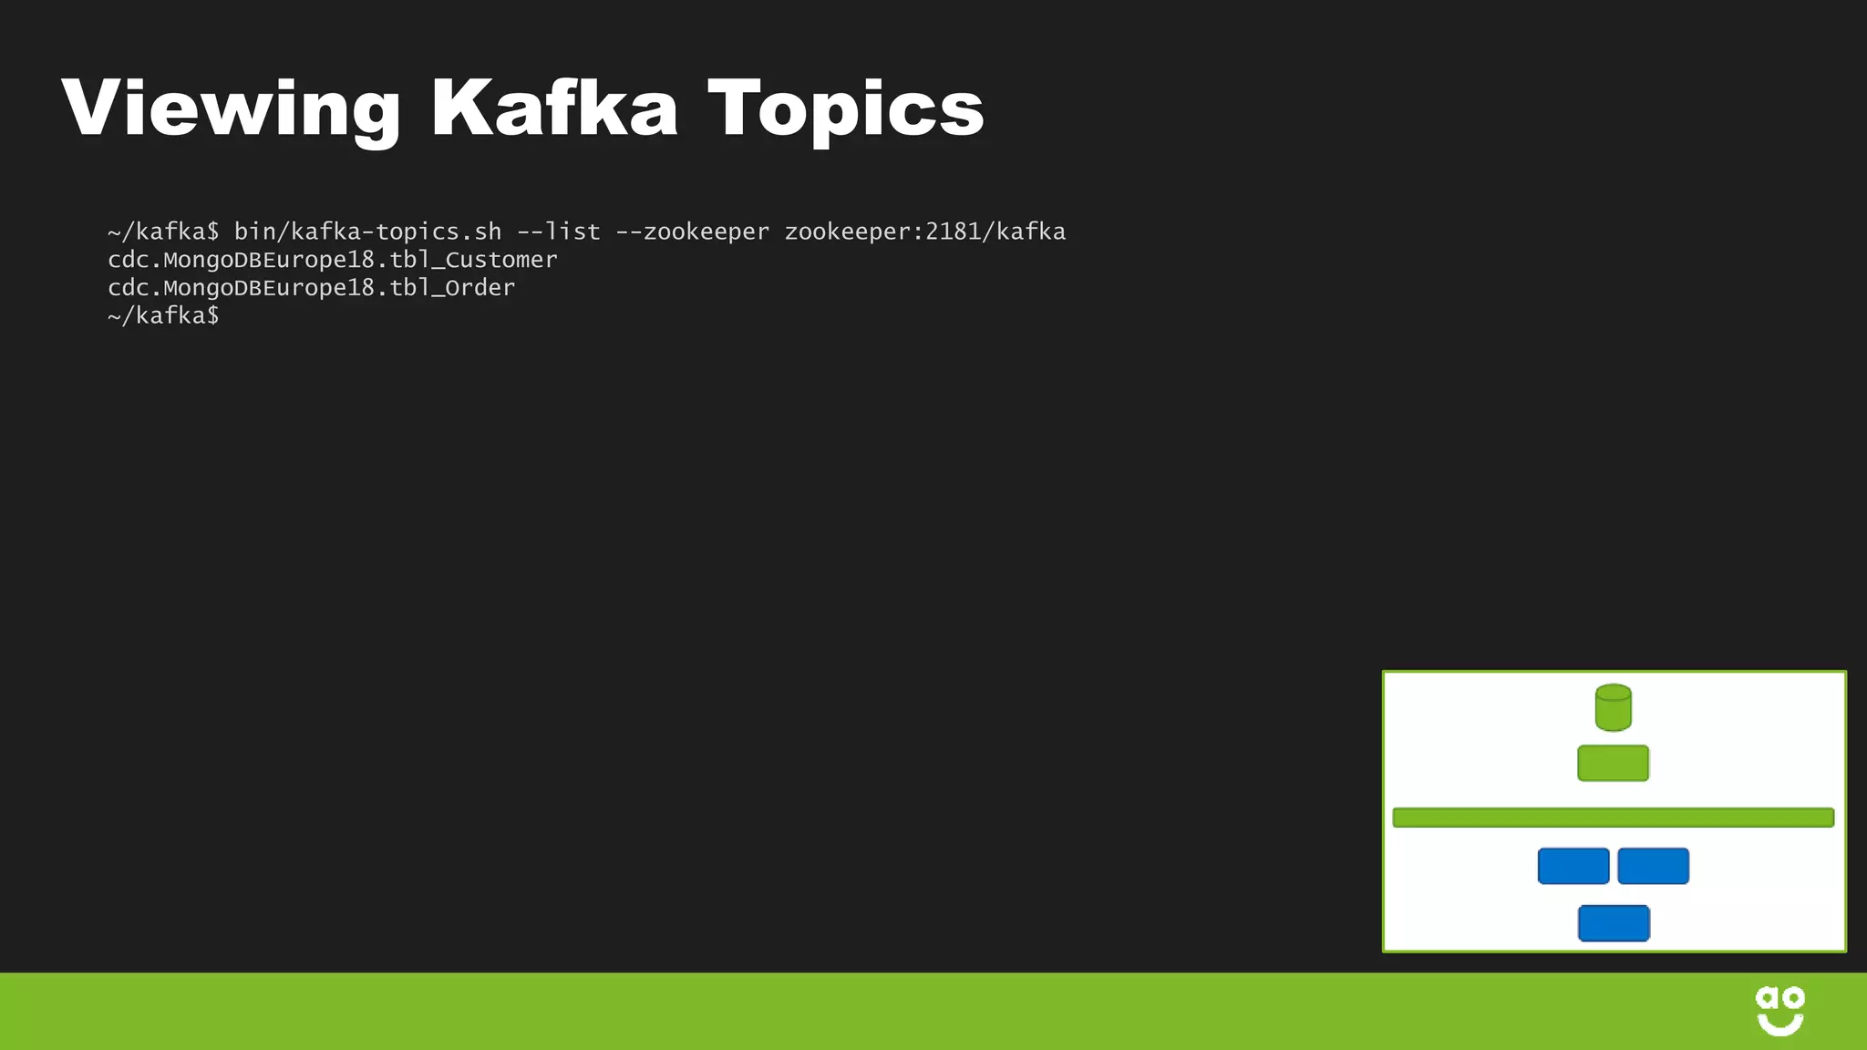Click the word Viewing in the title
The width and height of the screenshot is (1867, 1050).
point(231,109)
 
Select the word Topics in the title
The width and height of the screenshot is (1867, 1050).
point(846,109)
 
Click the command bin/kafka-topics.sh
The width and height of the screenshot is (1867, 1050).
point(367,232)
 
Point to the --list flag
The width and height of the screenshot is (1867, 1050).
point(559,232)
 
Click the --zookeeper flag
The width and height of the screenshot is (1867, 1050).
point(692,232)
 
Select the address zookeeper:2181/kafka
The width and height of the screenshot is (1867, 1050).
point(924,232)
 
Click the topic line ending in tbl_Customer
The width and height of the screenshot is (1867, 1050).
point(332,261)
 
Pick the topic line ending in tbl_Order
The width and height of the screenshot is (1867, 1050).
point(311,288)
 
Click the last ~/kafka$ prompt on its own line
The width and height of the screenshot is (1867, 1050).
point(163,316)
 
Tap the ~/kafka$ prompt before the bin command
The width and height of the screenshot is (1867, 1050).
point(163,232)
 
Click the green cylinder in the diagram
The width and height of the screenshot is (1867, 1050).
point(1613,707)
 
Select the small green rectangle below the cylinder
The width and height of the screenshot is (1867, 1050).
point(1613,763)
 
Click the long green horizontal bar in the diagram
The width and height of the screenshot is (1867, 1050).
point(1613,818)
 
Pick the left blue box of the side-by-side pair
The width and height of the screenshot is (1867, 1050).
point(1573,866)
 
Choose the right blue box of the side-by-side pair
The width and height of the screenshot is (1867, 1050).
point(1653,866)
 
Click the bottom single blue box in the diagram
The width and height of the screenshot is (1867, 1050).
point(1613,923)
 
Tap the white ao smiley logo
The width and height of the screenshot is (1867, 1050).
point(1779,1011)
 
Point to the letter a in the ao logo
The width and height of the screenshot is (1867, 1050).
point(1767,997)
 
